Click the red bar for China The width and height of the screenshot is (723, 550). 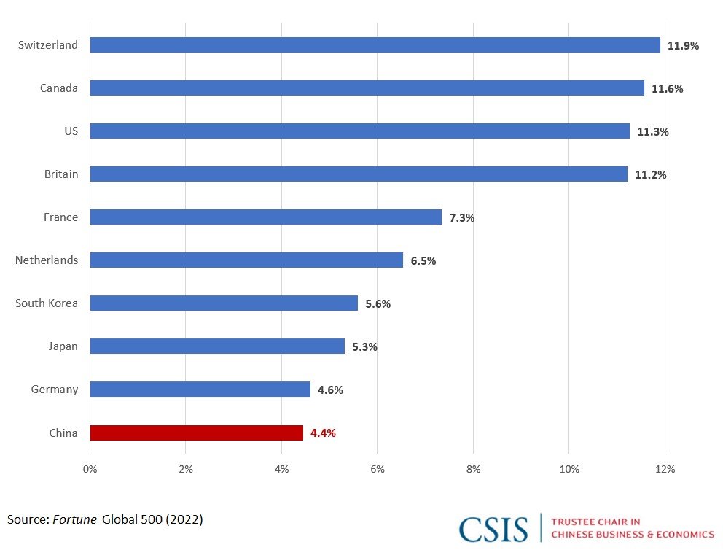point(196,433)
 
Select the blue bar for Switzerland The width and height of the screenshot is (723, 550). point(375,45)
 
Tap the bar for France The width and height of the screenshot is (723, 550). point(265,217)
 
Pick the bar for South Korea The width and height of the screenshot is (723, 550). point(224,303)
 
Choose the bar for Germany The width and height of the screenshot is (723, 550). point(200,390)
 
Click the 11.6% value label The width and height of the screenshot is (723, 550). point(667,89)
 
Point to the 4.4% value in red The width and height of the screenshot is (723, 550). point(323,433)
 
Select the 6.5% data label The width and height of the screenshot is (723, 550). point(423,261)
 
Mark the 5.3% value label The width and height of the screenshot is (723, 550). point(364,347)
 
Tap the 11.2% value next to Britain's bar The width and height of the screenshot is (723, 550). point(650,175)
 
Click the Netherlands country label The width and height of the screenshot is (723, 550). point(47,260)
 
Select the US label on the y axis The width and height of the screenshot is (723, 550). point(71,131)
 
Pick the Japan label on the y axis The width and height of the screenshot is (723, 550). point(63,346)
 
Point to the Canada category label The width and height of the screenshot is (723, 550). point(59,88)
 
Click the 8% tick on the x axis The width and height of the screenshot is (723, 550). point(473,469)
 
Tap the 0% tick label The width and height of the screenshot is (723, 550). point(90,469)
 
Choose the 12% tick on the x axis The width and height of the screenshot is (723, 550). point(665,469)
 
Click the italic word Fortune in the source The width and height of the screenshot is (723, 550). point(75,519)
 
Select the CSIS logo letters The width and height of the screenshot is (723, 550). point(493,529)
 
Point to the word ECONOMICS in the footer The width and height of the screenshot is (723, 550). point(681,535)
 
